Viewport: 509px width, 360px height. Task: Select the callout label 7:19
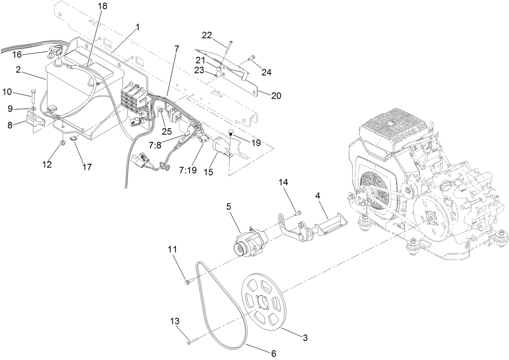click(x=188, y=170)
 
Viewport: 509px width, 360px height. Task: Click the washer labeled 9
click(x=33, y=108)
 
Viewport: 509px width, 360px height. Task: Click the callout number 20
click(x=276, y=95)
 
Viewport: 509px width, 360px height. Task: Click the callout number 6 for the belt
click(x=274, y=354)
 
